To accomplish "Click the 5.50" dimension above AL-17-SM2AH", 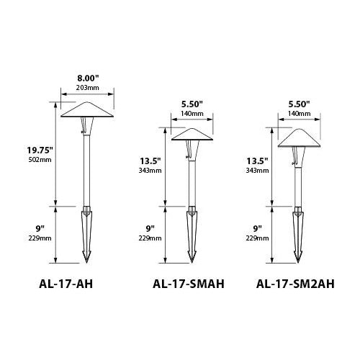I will click(x=297, y=103).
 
